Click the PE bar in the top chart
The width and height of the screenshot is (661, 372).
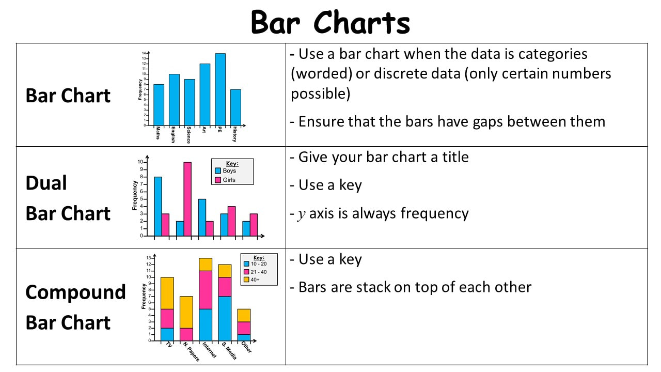(220, 89)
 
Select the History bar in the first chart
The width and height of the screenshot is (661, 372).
(235, 107)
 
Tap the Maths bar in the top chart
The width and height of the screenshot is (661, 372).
(159, 105)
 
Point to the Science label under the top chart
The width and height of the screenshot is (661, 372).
(188, 135)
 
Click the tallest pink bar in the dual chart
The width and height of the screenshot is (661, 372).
(187, 199)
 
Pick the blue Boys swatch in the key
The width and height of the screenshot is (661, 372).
(218, 171)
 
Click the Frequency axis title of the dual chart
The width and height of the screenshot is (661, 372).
(135, 195)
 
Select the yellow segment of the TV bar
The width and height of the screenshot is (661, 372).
(167, 293)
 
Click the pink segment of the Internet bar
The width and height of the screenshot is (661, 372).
(206, 290)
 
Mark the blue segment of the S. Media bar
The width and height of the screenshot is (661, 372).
(225, 319)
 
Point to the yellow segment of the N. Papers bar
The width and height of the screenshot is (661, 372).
(186, 313)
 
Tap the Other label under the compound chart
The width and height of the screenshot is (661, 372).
(246, 347)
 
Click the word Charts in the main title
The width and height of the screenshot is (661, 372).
(361, 22)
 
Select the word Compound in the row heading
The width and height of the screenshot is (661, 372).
(75, 293)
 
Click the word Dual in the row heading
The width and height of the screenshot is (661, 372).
(46, 183)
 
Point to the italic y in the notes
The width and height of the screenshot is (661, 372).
(301, 214)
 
